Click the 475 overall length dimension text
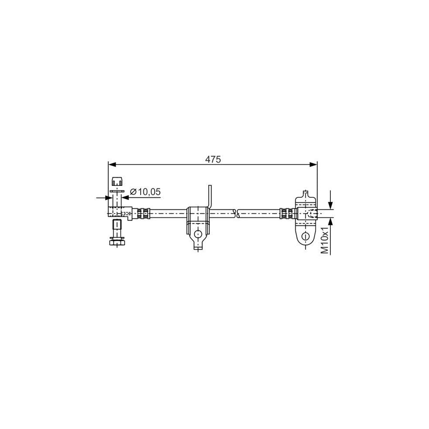213,160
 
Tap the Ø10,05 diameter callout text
145,192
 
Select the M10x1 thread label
324,241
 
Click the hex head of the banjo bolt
117,243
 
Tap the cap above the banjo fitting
117,182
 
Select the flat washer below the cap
117,192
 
